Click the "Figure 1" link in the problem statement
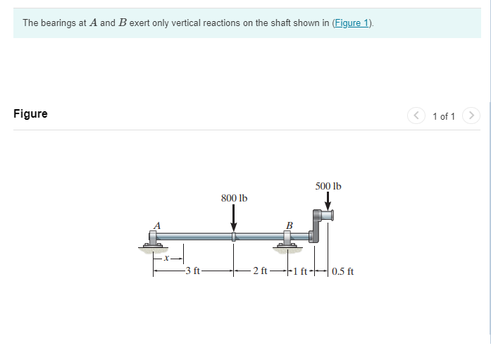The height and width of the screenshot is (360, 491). click(x=352, y=23)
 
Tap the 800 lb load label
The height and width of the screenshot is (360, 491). click(x=234, y=198)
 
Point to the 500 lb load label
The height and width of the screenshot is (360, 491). click(x=328, y=186)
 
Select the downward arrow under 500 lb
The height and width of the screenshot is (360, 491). click(x=328, y=201)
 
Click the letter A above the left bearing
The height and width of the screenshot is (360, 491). click(x=156, y=225)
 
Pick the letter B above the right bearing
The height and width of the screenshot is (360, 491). click(x=289, y=225)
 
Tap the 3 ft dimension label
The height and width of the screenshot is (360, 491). click(x=192, y=271)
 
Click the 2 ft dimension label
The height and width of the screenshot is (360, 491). click(x=260, y=271)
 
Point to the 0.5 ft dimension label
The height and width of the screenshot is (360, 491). click(x=343, y=271)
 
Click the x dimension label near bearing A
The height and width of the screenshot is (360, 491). click(x=167, y=258)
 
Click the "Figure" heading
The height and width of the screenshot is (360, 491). click(x=30, y=114)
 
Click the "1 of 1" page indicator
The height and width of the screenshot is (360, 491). click(x=444, y=116)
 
